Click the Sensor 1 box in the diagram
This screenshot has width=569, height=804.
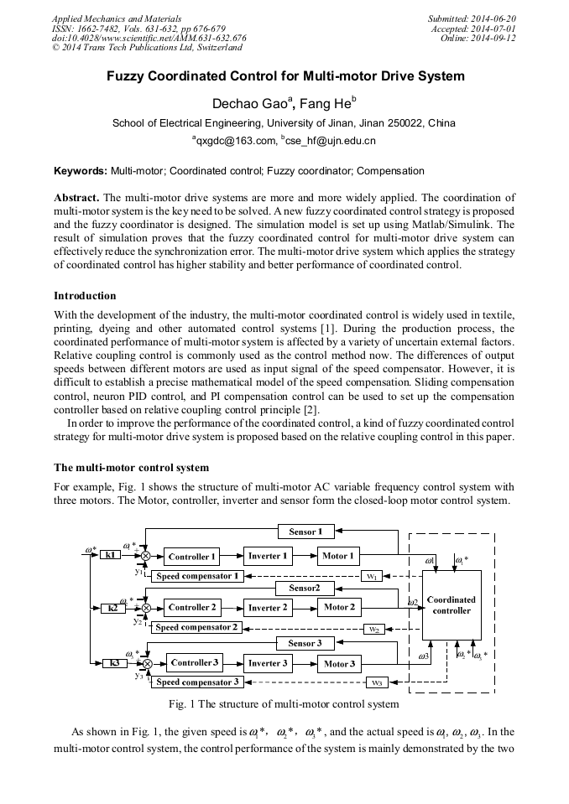click(305, 531)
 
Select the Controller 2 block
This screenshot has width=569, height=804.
click(191, 607)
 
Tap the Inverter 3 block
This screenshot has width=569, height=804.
click(269, 663)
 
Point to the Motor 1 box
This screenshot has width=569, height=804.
click(338, 556)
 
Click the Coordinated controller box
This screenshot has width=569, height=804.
click(452, 605)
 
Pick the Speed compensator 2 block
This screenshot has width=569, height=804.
click(198, 627)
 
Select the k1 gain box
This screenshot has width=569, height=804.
click(110, 555)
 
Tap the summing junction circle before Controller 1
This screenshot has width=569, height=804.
click(145, 557)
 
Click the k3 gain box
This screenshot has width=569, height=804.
click(113, 663)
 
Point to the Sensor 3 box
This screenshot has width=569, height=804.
click(305, 643)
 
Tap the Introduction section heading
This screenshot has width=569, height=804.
click(85, 296)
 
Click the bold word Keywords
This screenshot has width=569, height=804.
click(81, 171)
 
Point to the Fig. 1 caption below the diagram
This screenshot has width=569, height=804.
click(284, 703)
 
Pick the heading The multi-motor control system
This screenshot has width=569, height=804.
click(131, 467)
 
